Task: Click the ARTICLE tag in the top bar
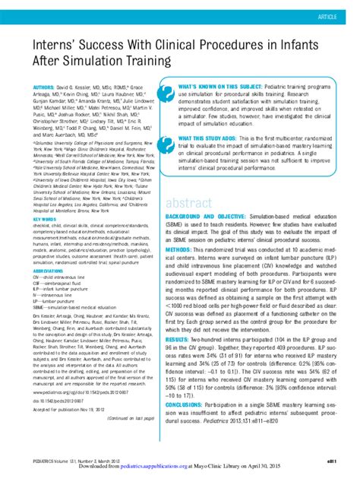336,16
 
